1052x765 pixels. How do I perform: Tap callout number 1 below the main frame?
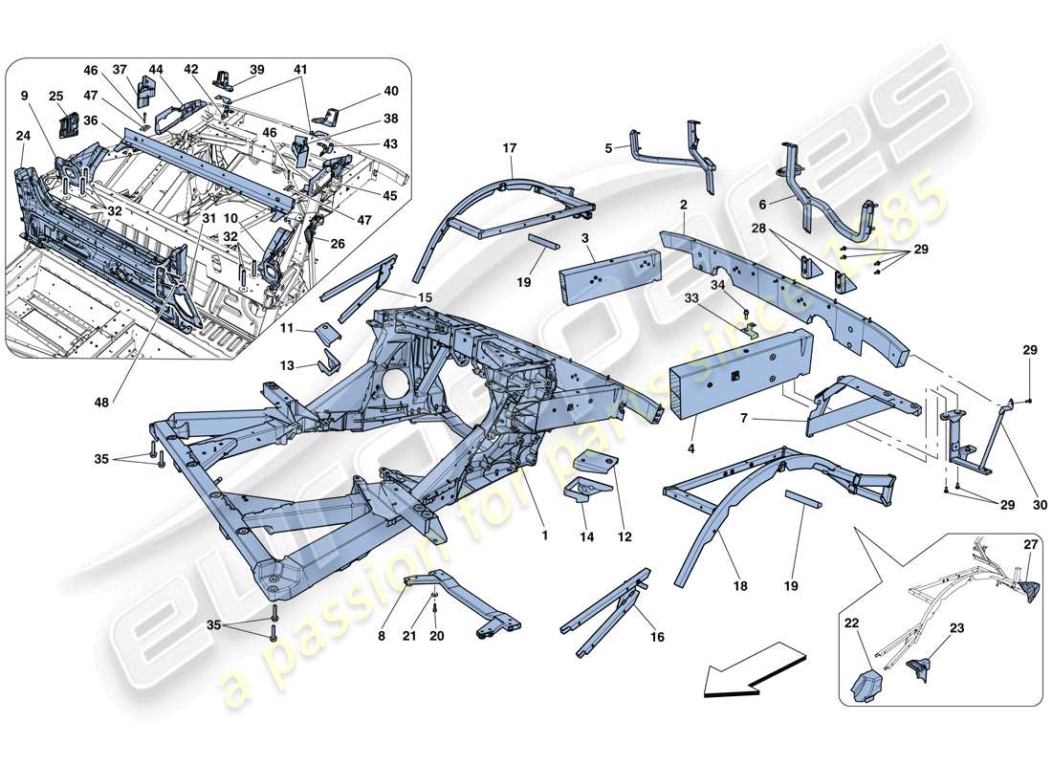point(544,535)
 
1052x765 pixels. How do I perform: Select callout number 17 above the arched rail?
point(509,148)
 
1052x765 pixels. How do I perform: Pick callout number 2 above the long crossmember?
point(684,205)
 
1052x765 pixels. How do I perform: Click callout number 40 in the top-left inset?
point(391,91)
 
